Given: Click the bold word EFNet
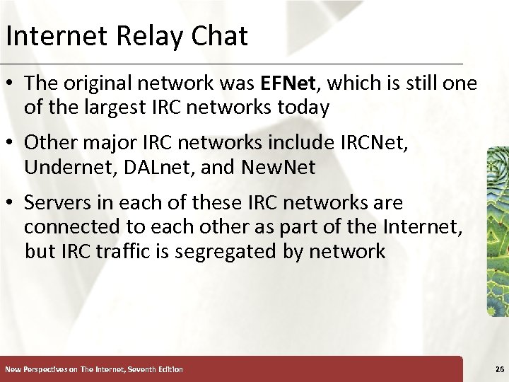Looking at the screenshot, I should [288, 83].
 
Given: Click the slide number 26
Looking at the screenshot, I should [500, 369].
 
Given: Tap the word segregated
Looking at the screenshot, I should [228, 251].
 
